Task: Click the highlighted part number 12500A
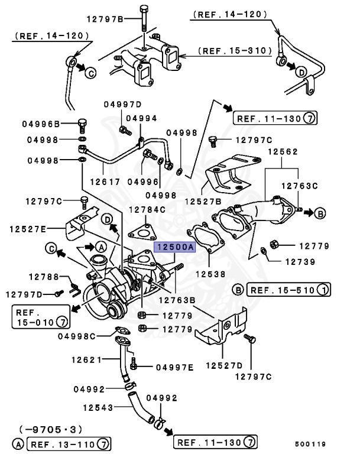click(x=174, y=248)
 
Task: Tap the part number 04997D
click(x=124, y=104)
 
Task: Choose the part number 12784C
click(x=147, y=209)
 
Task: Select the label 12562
click(x=282, y=152)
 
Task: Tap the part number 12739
click(x=300, y=261)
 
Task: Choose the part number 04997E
click(x=174, y=367)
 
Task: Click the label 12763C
click(x=299, y=186)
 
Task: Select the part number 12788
click(x=44, y=276)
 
